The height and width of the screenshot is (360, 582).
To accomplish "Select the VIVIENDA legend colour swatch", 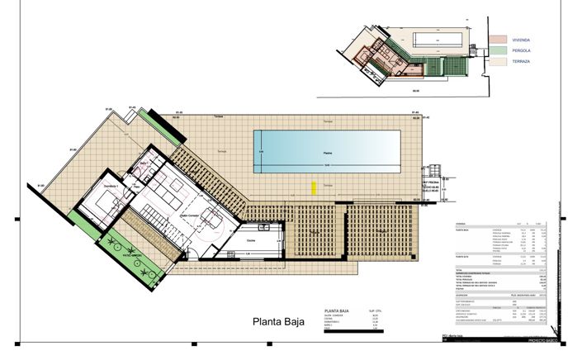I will (496, 40).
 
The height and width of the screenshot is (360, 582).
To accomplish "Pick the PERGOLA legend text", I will (521, 50).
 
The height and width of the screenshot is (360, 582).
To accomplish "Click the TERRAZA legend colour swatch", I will (496, 62).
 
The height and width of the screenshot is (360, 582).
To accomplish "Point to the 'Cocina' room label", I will (252, 239).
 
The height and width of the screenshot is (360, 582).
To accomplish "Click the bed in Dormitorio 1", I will (104, 203).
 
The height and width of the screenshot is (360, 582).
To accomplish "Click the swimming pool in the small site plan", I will (438, 39).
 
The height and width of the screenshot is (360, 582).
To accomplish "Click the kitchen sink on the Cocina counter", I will (264, 227).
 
